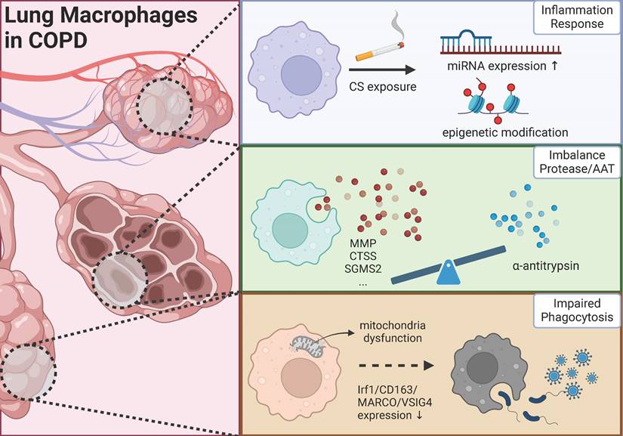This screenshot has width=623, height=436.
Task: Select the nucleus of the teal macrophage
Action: click(288, 228)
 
